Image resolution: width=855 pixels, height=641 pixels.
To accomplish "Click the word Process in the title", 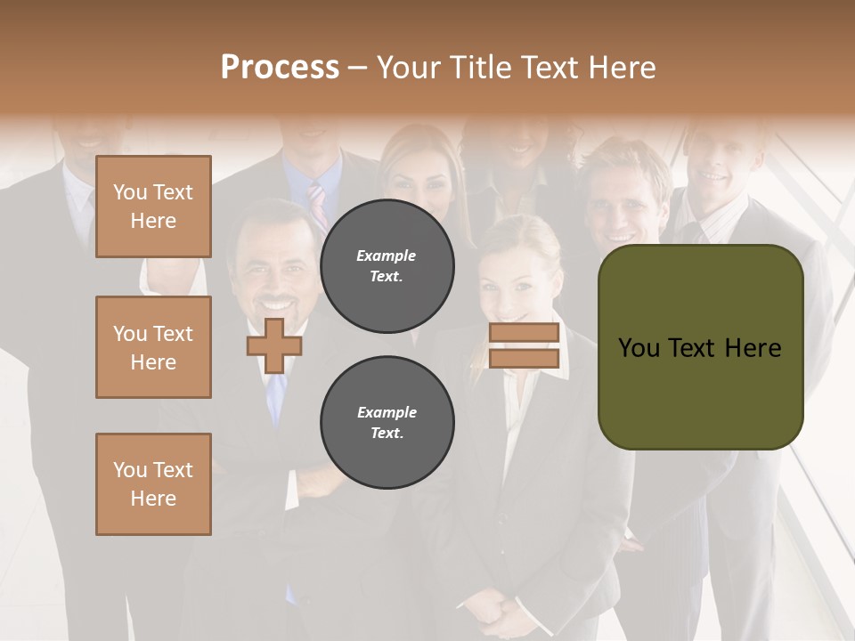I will (x=280, y=68).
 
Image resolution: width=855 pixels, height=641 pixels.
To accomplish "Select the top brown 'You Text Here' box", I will (x=153, y=207).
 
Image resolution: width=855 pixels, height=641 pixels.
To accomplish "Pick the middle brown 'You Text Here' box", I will (x=153, y=347).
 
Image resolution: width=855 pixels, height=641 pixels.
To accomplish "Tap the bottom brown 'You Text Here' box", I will (x=153, y=484).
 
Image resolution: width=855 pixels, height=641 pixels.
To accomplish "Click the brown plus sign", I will (x=273, y=345).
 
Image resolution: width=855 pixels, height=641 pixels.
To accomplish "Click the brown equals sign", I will (x=524, y=345).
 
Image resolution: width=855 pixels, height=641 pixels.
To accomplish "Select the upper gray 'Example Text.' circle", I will (x=387, y=266).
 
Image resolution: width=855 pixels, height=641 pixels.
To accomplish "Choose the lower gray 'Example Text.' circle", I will (x=387, y=423).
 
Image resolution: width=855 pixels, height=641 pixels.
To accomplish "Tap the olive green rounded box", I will (x=700, y=347).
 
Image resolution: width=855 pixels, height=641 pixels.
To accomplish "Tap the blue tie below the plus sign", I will (x=277, y=396).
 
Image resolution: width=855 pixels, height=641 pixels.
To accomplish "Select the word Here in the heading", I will (x=623, y=68).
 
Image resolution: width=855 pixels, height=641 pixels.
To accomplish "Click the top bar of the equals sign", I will (x=524, y=333).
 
